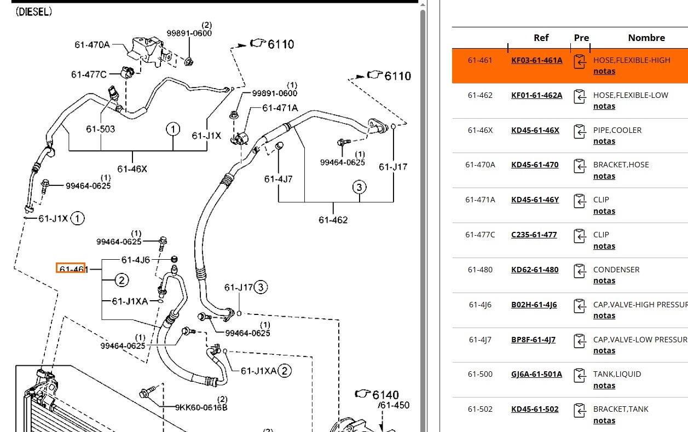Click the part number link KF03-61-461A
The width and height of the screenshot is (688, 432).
click(x=536, y=60)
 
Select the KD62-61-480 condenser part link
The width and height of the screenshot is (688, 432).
click(x=535, y=270)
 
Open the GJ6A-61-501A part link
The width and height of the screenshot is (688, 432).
click(x=536, y=374)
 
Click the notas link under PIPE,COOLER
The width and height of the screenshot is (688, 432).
click(x=604, y=141)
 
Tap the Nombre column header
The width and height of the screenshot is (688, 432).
click(x=646, y=38)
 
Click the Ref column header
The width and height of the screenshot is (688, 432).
click(x=541, y=38)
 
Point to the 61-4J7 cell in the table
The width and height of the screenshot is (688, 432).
click(x=480, y=340)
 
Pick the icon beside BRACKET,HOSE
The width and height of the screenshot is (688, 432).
click(x=579, y=166)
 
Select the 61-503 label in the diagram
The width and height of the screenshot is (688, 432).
click(x=100, y=129)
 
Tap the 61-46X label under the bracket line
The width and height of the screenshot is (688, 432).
click(x=132, y=169)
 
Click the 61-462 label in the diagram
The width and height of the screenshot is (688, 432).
click(x=333, y=220)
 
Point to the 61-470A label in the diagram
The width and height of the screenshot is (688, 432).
click(x=92, y=45)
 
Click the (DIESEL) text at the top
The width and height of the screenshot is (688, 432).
click(x=34, y=12)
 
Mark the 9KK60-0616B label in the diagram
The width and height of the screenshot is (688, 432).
click(x=201, y=407)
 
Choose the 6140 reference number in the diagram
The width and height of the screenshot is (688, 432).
click(x=386, y=395)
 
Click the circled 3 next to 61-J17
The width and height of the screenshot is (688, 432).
click(x=261, y=288)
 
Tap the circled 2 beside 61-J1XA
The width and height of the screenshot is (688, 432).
click(x=285, y=371)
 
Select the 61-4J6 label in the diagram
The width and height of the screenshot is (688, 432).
click(x=135, y=260)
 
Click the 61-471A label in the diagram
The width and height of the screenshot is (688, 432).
click(x=280, y=108)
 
